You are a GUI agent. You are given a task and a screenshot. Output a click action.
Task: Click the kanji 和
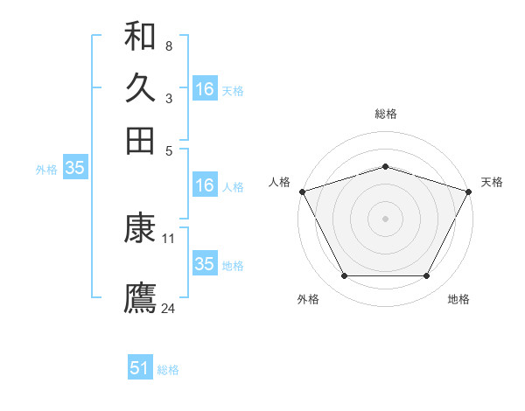140,36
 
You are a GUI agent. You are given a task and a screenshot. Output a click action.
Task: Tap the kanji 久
140,88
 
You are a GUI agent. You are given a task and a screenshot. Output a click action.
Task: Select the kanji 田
140,140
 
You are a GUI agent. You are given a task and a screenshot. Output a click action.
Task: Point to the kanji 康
140,228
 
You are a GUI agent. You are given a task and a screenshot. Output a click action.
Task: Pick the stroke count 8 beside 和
168,45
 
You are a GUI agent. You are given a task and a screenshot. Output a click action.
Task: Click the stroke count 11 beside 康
169,238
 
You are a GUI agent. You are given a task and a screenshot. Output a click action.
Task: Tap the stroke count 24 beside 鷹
169,308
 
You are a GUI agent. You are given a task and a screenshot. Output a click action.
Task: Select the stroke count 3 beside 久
168,98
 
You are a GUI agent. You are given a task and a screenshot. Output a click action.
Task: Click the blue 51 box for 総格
140,368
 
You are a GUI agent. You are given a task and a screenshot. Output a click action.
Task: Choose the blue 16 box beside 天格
205,89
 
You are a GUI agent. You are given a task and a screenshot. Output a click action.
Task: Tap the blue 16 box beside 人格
205,185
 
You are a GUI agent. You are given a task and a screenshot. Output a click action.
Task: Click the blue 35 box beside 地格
205,264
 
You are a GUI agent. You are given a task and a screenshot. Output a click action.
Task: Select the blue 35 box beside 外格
74,169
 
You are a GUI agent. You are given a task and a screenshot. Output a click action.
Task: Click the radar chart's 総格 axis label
386,114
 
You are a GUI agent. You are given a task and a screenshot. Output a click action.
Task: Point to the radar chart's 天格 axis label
492,182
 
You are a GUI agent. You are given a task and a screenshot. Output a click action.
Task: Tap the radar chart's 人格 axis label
280,182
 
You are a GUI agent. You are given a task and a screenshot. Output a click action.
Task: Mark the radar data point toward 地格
427,276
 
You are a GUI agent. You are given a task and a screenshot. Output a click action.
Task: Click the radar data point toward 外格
344,276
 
